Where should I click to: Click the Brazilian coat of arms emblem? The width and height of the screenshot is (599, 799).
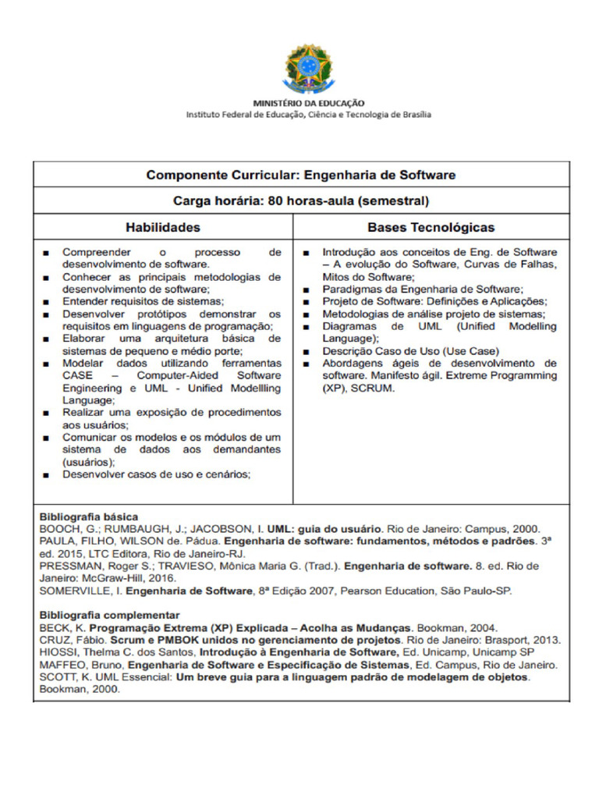(x=307, y=68)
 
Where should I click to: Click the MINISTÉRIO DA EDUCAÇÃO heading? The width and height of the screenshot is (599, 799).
(x=308, y=103)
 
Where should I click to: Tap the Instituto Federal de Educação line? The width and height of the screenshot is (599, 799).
(x=308, y=115)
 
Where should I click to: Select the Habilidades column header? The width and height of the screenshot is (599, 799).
(x=163, y=227)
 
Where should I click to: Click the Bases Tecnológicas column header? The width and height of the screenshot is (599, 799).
(x=431, y=227)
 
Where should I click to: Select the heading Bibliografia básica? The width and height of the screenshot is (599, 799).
(x=89, y=517)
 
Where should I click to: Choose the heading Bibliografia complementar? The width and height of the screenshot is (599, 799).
(x=109, y=615)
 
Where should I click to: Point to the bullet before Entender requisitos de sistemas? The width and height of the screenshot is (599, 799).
(x=48, y=302)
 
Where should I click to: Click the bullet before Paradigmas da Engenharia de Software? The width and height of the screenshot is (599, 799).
(x=307, y=289)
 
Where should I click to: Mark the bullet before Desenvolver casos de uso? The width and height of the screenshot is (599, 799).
(x=48, y=474)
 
